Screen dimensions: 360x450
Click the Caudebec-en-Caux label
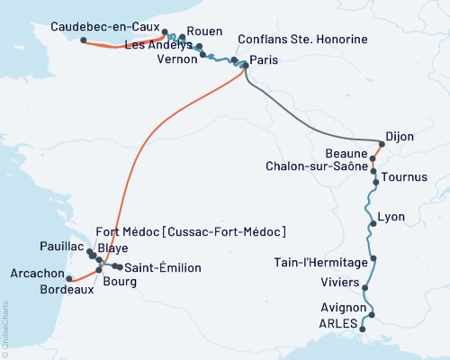pos(104,27)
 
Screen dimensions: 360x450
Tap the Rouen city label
pos(203,31)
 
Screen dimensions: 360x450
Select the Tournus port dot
pos(373,176)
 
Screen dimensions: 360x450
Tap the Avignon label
pos(337,307)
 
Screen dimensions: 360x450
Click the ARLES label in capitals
pos(338,322)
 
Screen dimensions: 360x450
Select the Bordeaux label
pos(67,291)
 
